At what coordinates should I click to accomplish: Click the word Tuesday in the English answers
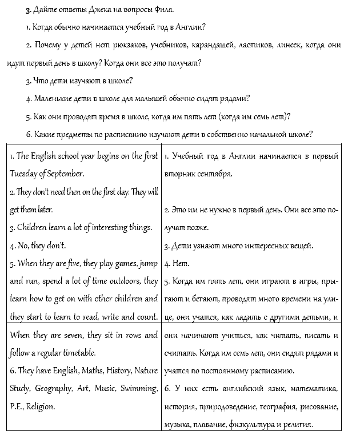click(x=25, y=174)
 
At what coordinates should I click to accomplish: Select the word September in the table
click(x=67, y=174)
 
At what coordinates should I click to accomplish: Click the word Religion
click(x=41, y=406)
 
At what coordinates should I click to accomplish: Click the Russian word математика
click(x=314, y=389)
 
